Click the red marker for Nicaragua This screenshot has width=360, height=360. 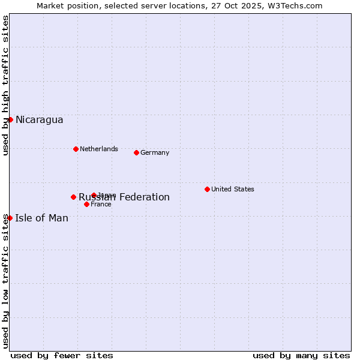(10, 119)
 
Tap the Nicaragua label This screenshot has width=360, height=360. (40, 120)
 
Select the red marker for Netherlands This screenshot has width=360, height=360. (76, 149)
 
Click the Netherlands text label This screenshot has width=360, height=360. (99, 149)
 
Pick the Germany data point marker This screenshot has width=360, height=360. (136, 152)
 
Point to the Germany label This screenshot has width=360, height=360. (155, 152)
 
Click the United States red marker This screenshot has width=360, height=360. (207, 189)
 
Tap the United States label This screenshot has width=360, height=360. (233, 189)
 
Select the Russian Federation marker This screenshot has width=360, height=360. (73, 197)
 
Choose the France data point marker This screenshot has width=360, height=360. (86, 204)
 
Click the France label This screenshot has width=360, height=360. (101, 204)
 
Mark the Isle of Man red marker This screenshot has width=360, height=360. (10, 218)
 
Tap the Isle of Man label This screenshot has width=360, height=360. (42, 218)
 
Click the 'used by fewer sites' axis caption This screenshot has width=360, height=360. (62, 355)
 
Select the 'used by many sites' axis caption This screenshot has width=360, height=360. (301, 355)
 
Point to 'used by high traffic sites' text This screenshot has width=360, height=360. (5, 86)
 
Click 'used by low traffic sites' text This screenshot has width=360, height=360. (5, 280)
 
